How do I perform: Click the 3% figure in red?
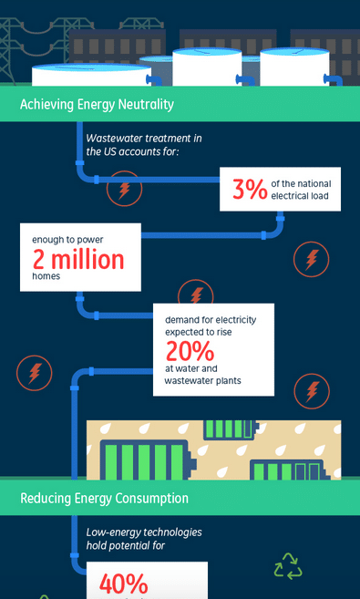[250, 189]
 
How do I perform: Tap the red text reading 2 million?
[77, 260]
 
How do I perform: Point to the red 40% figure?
[124, 584]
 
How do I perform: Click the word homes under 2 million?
[46, 277]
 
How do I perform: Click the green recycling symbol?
[288, 566]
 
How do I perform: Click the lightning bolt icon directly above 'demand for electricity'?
[195, 294]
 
